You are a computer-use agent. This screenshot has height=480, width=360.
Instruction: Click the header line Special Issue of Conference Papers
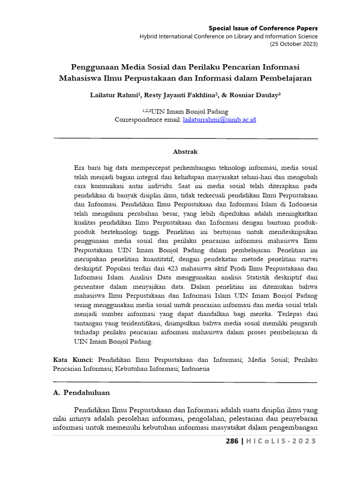pos(263,28)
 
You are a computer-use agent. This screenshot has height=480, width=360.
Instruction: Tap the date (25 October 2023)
pos(293,44)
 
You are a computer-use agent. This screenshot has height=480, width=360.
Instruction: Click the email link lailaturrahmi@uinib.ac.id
pos(219,120)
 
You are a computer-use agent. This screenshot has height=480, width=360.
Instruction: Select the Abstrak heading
pos(185,152)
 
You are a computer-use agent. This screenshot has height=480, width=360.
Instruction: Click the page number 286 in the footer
pos(232,441)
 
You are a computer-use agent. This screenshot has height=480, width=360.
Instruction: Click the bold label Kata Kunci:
pos(73,360)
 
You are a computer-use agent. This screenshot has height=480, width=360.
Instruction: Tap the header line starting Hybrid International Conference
pos(228,36)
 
